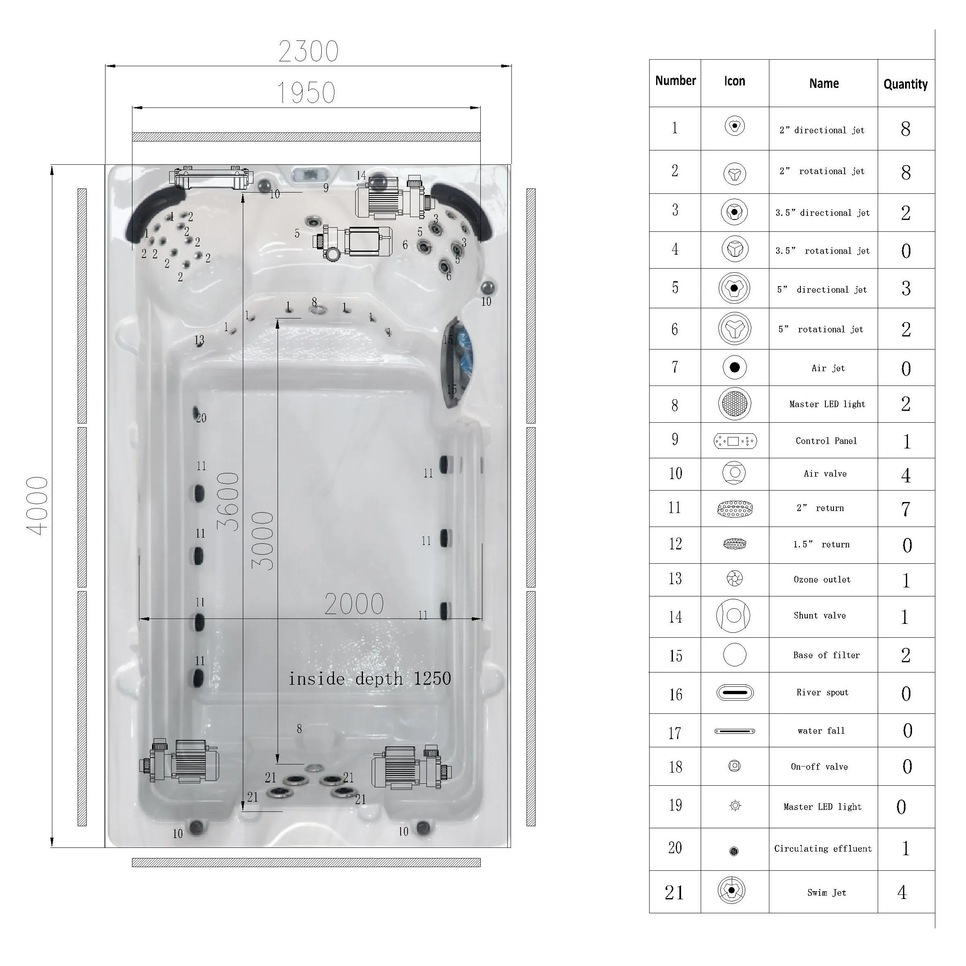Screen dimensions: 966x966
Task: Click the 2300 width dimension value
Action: coord(309,51)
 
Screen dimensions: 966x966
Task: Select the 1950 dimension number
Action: coord(306,93)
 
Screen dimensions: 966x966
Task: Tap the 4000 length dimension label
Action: coord(38,506)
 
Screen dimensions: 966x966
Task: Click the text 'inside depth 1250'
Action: coord(370,679)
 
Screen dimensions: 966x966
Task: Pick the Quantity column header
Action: coord(905,84)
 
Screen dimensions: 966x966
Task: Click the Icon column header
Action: coord(735,81)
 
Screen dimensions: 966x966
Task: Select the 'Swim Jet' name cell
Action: coord(827,892)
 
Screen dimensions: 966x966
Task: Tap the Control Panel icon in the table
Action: coord(735,441)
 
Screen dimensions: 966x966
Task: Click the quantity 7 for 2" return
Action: coord(905,509)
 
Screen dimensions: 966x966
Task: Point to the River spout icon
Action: coord(735,693)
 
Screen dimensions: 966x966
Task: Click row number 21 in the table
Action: coord(674,892)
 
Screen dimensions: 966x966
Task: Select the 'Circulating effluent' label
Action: coord(823,849)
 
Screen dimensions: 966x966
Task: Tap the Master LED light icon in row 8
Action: coord(735,403)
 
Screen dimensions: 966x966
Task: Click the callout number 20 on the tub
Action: coord(201,418)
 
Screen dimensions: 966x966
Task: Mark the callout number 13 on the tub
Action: coord(199,340)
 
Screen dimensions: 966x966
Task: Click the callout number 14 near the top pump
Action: coord(361,175)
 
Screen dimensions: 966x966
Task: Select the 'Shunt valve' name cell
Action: coord(820,616)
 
